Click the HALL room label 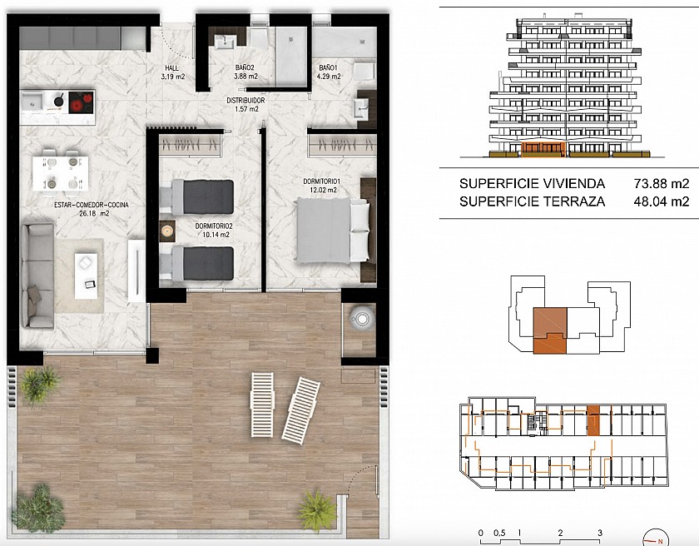(x=172, y=68)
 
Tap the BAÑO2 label (x=245, y=67)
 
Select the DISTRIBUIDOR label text (x=245, y=101)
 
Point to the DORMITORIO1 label (x=322, y=181)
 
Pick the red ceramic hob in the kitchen (x=81, y=102)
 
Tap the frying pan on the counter (x=58, y=100)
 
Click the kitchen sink (x=32, y=102)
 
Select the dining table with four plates (x=60, y=173)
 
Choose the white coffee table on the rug (x=86, y=275)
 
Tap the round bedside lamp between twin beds (x=167, y=231)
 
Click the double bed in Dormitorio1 (x=333, y=231)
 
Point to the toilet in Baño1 (x=364, y=72)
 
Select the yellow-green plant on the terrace (x=317, y=511)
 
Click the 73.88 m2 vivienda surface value (x=662, y=184)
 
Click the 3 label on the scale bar (x=600, y=533)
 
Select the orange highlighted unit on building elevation (x=543, y=150)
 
